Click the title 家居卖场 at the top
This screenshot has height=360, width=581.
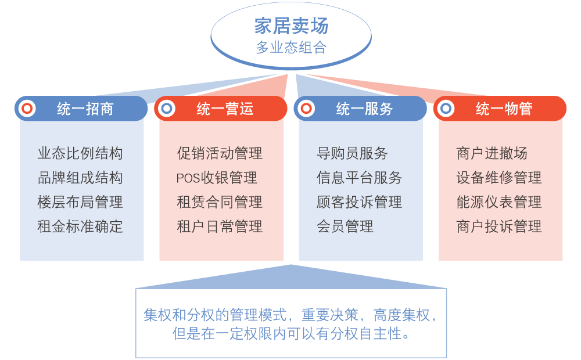(291, 26)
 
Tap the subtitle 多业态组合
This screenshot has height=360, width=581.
(291, 48)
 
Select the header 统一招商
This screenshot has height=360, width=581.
(85, 109)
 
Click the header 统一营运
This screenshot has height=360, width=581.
(225, 109)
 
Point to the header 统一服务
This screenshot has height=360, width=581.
(364, 109)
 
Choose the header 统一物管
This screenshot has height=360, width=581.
(504, 109)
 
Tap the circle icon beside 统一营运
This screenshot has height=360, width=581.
(167, 109)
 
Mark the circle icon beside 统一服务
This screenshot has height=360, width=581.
(306, 109)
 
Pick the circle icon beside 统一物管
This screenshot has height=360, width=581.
(446, 109)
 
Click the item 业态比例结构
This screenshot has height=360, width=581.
(80, 154)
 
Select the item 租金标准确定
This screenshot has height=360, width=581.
(80, 226)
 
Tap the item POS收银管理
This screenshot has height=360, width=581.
(217, 178)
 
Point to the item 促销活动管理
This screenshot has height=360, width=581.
(220, 154)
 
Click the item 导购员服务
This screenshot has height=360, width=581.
(352, 154)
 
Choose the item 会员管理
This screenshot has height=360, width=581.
(345, 226)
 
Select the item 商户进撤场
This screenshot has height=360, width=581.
(492, 154)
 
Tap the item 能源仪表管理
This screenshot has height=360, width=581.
(499, 202)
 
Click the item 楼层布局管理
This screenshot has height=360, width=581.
(80, 202)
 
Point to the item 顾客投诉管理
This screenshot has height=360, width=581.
(359, 202)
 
